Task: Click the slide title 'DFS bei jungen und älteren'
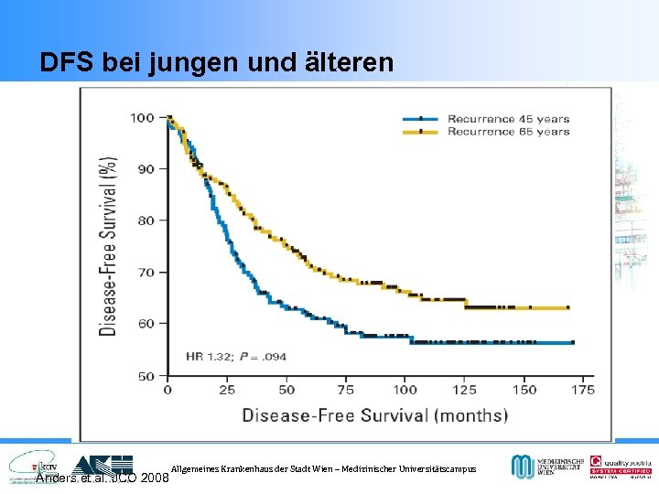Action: click(x=217, y=62)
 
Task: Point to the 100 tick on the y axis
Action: click(x=142, y=117)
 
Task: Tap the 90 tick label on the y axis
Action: click(x=145, y=169)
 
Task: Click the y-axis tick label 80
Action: click(x=145, y=220)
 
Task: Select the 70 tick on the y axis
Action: click(x=145, y=273)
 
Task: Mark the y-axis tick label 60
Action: click(x=145, y=324)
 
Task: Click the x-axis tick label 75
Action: click(x=345, y=391)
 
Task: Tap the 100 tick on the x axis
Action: click(x=404, y=391)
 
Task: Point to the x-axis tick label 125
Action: click(x=464, y=391)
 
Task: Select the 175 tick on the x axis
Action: click(x=583, y=391)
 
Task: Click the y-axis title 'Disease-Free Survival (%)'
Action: click(x=109, y=246)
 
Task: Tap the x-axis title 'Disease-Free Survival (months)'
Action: click(x=374, y=415)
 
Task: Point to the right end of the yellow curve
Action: click(x=568, y=308)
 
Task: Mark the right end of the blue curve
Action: click(x=573, y=342)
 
